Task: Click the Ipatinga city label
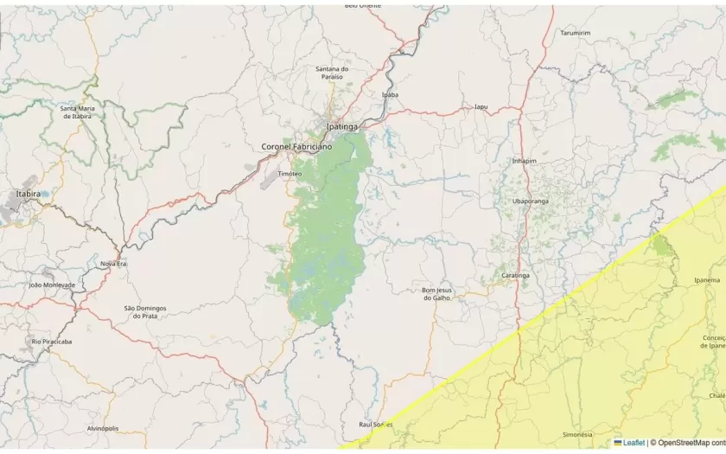coord(341,127)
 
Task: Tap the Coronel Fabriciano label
coord(296,147)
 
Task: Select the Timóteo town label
coord(290,173)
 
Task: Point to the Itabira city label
coord(28,194)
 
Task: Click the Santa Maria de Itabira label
coord(76,112)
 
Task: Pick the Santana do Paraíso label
coord(331,73)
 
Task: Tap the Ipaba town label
coord(390,94)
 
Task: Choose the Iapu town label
coord(481,107)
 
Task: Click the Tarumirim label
coord(575,32)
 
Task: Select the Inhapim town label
coord(525,160)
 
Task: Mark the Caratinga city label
coord(515,275)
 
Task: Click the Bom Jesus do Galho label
coord(436,293)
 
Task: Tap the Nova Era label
coord(113,263)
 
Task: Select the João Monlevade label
coord(52,285)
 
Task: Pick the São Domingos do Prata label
coord(145,311)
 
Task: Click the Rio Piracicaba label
coord(52,342)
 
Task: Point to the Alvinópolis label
coord(103,428)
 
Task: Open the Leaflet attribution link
coord(634,443)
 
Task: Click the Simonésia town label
coord(577,434)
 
